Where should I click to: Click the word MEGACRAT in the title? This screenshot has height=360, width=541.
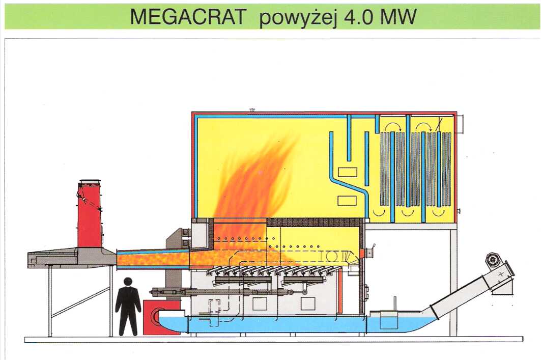click(x=188, y=17)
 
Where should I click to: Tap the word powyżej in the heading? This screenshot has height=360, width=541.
click(x=298, y=18)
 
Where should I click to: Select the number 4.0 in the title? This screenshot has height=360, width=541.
click(x=358, y=17)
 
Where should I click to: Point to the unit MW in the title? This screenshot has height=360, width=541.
click(x=398, y=17)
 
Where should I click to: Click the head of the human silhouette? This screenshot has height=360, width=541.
click(x=128, y=282)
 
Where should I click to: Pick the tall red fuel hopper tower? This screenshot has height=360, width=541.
click(x=89, y=214)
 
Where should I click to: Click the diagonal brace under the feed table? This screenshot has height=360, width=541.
click(x=80, y=303)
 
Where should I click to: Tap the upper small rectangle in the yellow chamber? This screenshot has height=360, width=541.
click(x=347, y=172)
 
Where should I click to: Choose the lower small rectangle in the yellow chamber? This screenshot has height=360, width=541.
click(x=347, y=201)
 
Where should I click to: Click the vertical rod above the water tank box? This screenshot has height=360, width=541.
click(x=393, y=304)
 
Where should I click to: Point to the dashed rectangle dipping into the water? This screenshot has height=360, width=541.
click(x=214, y=312)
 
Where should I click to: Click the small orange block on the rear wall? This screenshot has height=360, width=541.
click(x=362, y=254)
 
